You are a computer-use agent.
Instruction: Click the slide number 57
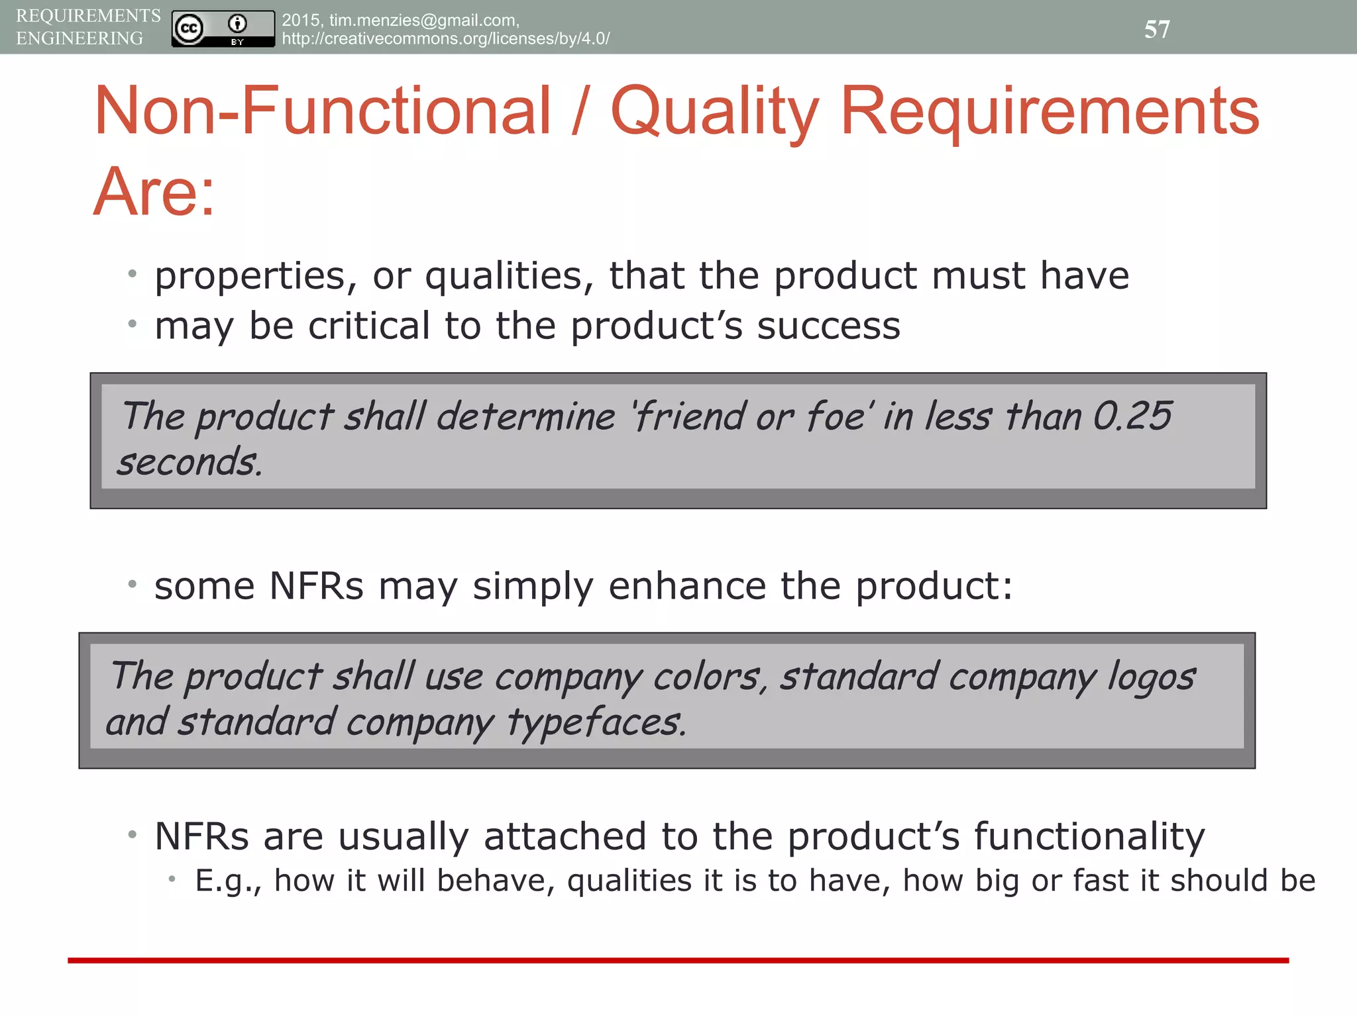coord(1157,29)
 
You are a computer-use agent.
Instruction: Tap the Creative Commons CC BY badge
coord(223,28)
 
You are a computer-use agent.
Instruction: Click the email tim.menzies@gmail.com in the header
coord(423,21)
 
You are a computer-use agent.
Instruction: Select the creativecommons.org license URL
coord(445,39)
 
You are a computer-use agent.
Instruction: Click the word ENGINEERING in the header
coord(80,38)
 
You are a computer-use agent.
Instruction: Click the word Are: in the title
coord(154,192)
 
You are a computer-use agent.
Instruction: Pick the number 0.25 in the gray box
coord(1132,416)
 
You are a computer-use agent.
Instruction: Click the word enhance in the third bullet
coord(686,586)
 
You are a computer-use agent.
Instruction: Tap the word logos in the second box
coord(1151,677)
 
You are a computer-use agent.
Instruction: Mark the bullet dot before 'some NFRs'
coord(133,584)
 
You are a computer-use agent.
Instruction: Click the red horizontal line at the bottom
coord(678,960)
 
